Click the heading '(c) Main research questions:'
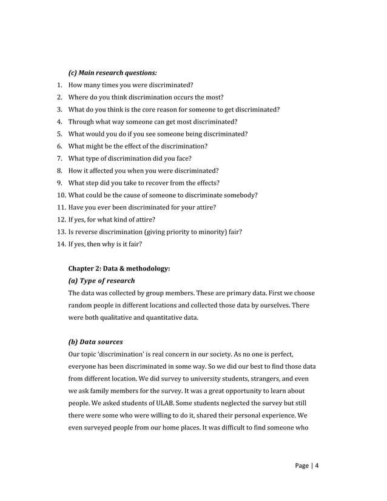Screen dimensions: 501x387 tap(109, 73)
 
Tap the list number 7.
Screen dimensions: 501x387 tap(59, 158)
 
